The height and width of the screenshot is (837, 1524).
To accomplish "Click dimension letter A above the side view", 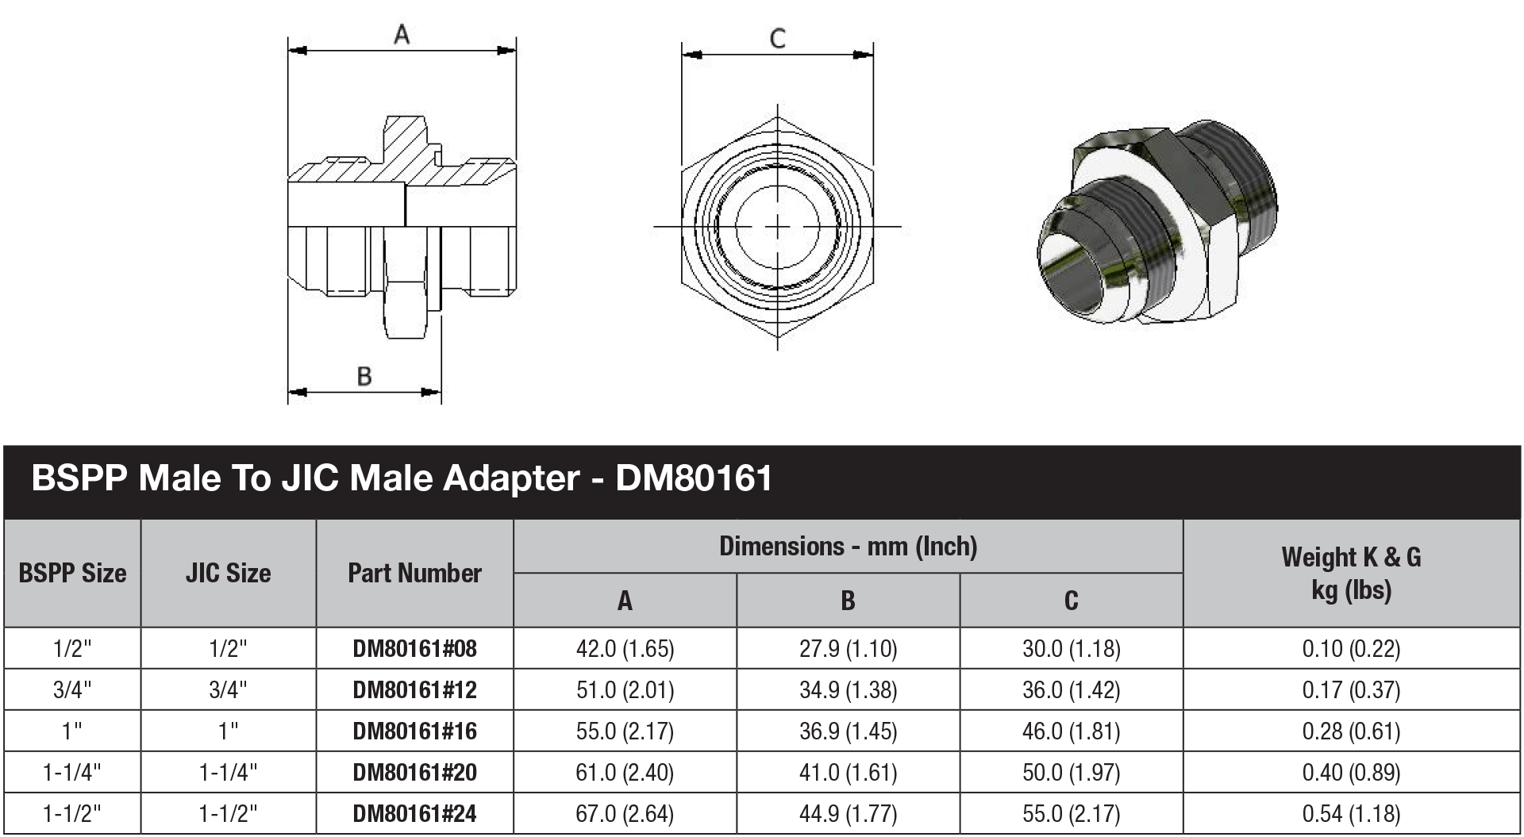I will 402,35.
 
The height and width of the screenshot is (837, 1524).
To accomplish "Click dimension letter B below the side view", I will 364,376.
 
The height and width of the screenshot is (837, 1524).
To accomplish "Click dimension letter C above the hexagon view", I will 778,38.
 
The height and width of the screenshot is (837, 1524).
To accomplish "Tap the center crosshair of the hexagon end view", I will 777,227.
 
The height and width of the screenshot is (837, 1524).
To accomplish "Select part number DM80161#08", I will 414,649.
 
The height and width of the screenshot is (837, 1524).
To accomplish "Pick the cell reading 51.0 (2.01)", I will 625,690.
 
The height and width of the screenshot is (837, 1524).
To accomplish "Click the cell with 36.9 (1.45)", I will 848,731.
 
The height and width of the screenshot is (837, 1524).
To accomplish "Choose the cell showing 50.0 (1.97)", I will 1071,773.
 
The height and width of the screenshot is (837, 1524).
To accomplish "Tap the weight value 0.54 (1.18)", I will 1351,814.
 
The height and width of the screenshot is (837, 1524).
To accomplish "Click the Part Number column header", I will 414,573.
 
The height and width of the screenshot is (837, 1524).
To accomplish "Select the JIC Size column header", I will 228,573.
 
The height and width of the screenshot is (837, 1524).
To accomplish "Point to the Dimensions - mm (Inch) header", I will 848,546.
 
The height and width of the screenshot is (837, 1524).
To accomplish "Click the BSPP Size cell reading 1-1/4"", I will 72,773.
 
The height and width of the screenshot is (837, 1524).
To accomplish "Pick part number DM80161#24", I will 414,814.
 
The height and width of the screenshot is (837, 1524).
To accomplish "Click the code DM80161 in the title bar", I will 694,478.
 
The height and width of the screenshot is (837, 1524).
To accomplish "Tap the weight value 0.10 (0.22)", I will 1351,649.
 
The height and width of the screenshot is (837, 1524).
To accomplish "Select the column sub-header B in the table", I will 848,601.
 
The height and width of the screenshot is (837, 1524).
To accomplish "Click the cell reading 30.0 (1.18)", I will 1071,649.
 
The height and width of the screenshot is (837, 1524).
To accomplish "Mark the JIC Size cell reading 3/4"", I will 228,690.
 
